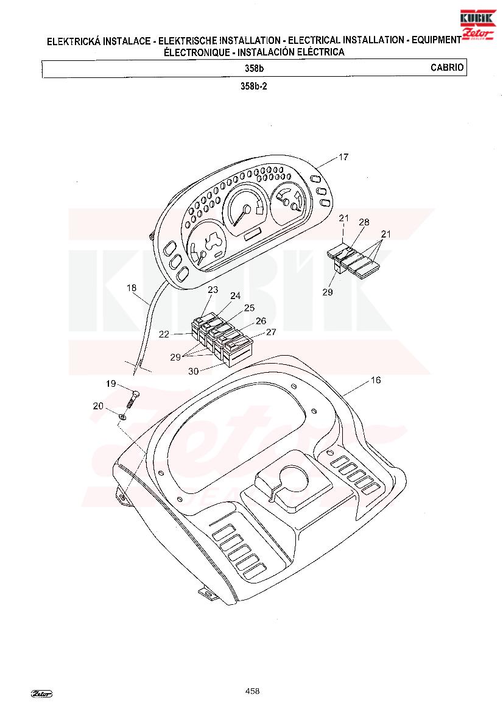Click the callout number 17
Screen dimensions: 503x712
(343, 157)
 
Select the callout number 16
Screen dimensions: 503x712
(376, 379)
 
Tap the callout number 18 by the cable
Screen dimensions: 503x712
(132, 287)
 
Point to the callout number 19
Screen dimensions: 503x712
(111, 384)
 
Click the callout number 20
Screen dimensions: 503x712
(98, 406)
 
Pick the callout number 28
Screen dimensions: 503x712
(364, 222)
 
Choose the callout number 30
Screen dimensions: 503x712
(194, 371)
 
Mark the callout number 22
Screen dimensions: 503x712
(164, 334)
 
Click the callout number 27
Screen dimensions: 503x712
(271, 332)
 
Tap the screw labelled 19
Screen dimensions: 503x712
(131, 399)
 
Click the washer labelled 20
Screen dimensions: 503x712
(122, 416)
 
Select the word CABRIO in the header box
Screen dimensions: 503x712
(447, 68)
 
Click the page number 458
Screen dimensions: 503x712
(252, 691)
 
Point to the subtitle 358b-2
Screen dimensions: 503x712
(254, 86)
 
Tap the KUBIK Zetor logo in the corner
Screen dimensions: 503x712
(477, 25)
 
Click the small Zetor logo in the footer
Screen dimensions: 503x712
(41, 693)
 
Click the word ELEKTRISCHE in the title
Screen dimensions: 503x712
(188, 40)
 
